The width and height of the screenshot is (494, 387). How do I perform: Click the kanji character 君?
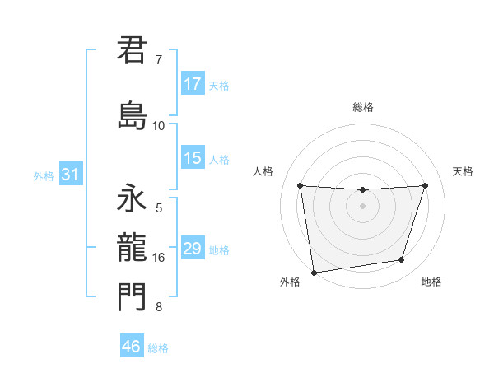(132, 50)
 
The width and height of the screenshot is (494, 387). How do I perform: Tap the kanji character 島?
(132, 114)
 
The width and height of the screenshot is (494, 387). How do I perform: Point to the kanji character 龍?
(132, 248)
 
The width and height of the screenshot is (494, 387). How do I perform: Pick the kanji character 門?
(132, 297)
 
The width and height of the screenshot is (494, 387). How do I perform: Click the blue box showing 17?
(193, 84)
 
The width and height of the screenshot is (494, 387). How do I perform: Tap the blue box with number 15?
(193, 159)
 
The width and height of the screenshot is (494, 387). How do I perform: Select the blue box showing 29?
(193, 249)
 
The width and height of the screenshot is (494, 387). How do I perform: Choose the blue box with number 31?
(70, 175)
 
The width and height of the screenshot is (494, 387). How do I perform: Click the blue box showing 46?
(132, 347)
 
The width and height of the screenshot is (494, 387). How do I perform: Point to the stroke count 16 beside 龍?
(159, 258)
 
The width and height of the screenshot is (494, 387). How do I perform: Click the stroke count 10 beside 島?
(159, 125)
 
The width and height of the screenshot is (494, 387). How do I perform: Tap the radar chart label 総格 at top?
(363, 107)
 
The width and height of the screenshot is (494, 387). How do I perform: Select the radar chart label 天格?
(464, 171)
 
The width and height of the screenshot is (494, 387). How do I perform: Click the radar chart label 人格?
(263, 171)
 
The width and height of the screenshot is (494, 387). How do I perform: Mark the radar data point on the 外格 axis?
(313, 272)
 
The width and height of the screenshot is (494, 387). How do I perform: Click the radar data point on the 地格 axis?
(402, 260)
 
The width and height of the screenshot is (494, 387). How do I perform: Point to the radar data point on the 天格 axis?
(426, 186)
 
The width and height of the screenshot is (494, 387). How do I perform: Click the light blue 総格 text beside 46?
(158, 348)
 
